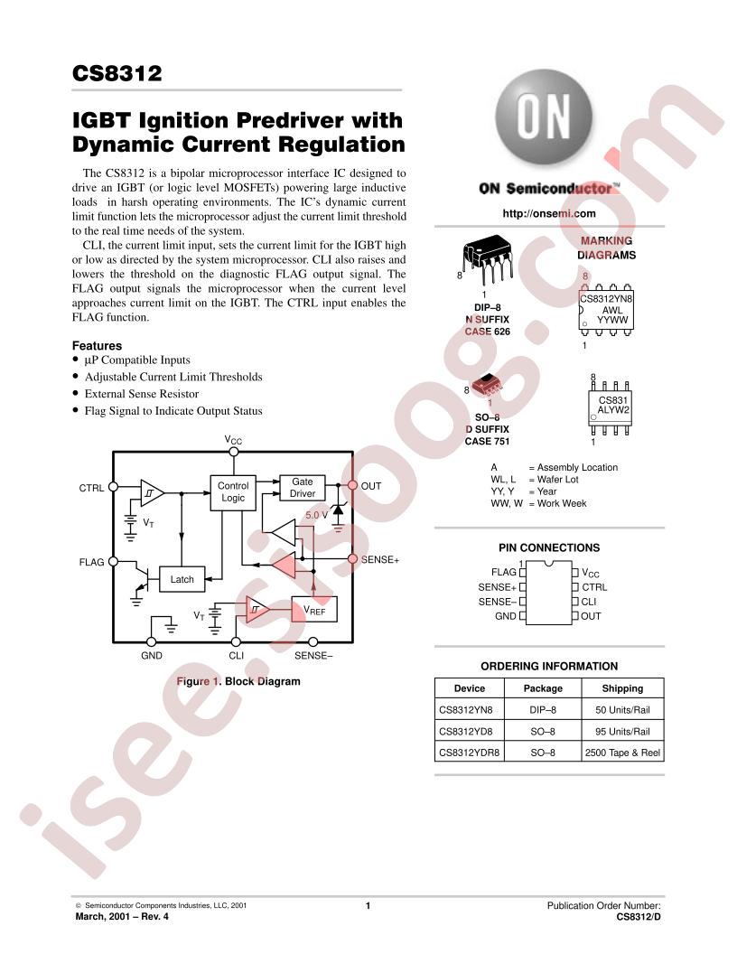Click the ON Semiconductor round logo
click(544, 117)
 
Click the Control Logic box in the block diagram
click(233, 492)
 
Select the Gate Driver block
click(303, 488)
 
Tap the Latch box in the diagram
click(182, 579)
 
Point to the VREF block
click(314, 610)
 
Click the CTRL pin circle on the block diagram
click(113, 487)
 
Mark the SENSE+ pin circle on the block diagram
click(352, 558)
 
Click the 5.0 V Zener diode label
click(316, 515)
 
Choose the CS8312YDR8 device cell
click(470, 752)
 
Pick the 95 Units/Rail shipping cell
click(622, 732)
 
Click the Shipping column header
click(622, 688)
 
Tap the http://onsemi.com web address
click(549, 213)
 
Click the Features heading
click(97, 346)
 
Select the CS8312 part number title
click(117, 73)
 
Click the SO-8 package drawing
click(488, 385)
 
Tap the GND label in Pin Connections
click(505, 616)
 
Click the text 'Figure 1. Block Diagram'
click(238, 681)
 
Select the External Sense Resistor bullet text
click(142, 394)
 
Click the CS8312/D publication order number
click(639, 917)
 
